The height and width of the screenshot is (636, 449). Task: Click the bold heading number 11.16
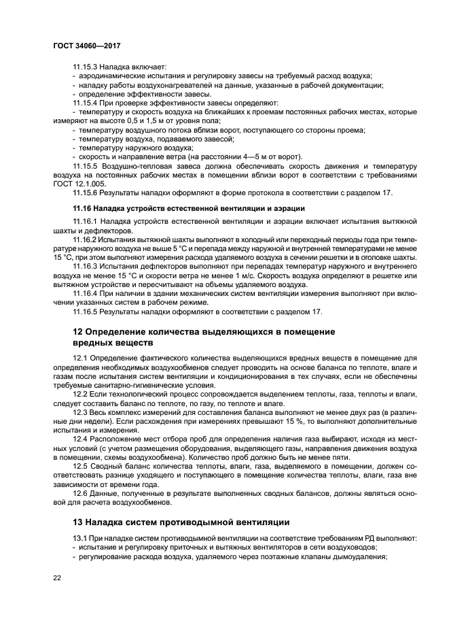click(82, 208)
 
